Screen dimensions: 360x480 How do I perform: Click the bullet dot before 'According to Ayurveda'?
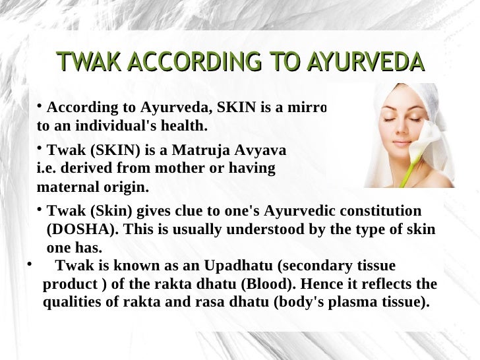click(x=39, y=105)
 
